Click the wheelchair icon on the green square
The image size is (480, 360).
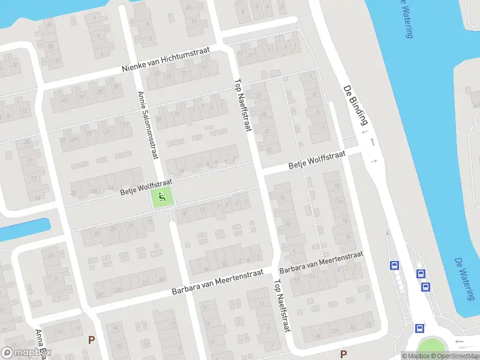coord(162,196)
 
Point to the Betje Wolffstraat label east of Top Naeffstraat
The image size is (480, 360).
coord(317,160)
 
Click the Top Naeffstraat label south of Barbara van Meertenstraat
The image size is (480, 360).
coord(282,305)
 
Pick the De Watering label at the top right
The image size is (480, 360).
coord(406,18)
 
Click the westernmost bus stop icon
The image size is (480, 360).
coord(394,265)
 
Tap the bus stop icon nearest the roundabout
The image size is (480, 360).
coord(419,328)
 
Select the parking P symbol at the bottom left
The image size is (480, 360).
coord(92,340)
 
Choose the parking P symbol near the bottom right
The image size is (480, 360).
coord(343,354)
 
